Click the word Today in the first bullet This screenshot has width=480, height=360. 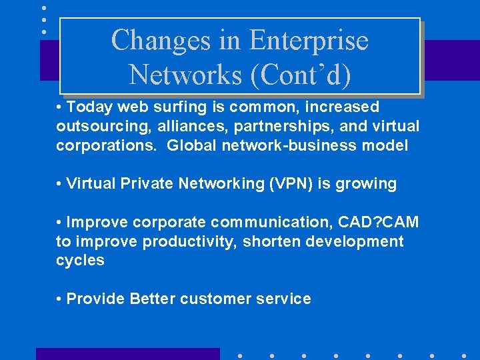[x=90, y=107]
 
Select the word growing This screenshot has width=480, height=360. [x=367, y=183]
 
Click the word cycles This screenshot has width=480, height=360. [x=80, y=260]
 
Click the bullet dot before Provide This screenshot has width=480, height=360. [x=60, y=299]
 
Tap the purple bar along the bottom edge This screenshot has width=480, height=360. [x=127, y=353]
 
